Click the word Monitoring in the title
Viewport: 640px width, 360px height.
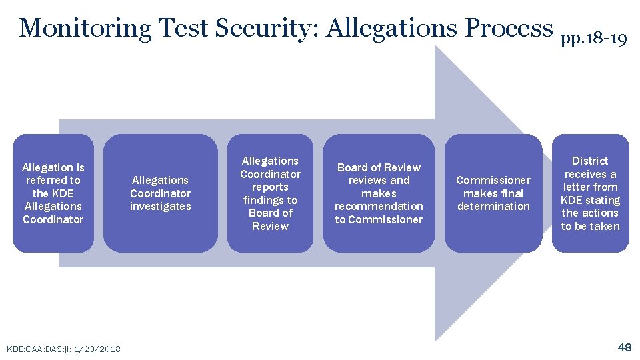(86, 28)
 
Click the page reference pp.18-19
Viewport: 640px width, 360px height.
(593, 39)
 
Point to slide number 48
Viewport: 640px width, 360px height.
(625, 347)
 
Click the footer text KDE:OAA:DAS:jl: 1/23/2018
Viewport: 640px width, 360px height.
(63, 349)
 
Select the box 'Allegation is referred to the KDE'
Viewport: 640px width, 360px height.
(53, 193)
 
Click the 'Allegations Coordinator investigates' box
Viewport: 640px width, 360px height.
(160, 193)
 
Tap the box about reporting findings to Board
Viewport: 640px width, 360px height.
(270, 193)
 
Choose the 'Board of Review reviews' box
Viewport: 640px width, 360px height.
(379, 193)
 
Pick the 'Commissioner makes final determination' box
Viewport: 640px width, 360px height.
(493, 193)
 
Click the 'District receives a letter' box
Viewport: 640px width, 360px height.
(590, 193)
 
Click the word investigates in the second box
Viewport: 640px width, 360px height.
(160, 207)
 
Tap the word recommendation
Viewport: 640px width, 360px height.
(379, 207)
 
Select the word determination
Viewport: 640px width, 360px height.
(493, 207)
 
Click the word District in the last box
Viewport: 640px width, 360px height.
(590, 161)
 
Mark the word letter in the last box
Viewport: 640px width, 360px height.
(582, 187)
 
